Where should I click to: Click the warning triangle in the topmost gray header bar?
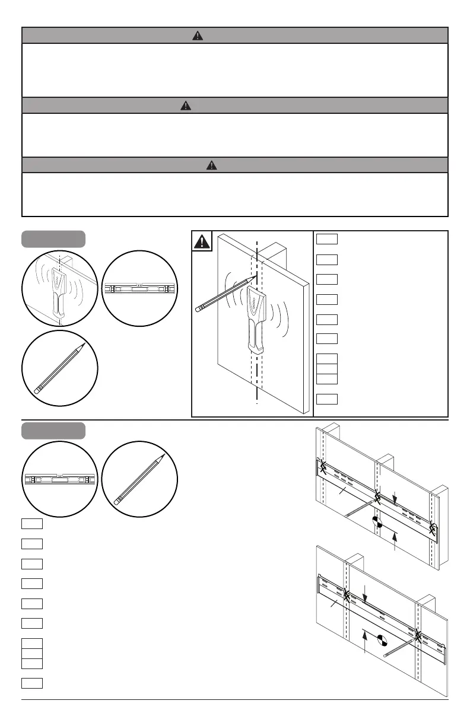198,35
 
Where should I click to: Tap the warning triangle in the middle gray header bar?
186,106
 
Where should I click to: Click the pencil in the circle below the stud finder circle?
60,368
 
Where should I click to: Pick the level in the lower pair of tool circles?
59,479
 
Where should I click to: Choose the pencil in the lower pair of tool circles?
139,479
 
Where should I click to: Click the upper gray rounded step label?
53,239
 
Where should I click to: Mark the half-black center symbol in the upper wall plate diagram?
376,523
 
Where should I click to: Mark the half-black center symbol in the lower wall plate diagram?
382,641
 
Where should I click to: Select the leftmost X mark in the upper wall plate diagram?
323,469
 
